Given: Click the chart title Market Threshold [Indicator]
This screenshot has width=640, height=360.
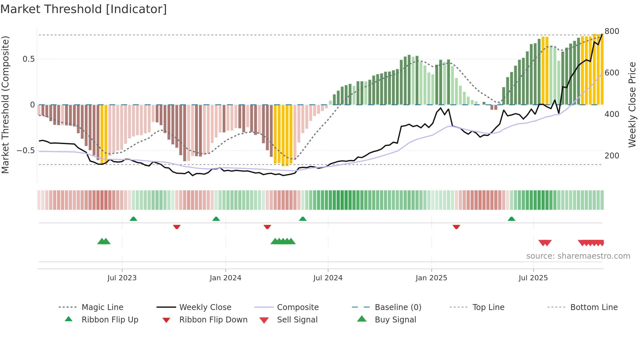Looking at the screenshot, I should tap(84, 9).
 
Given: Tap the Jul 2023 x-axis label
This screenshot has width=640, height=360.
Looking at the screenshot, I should tap(122, 278).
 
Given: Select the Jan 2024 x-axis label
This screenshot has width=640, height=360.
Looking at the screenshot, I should tap(225, 278).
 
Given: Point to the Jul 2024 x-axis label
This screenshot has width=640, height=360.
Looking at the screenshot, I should tap(328, 278).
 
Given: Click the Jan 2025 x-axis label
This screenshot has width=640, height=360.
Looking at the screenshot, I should tap(431, 278).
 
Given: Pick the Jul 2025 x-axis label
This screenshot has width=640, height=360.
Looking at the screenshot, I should tap(533, 278).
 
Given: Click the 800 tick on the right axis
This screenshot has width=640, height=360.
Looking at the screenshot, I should tap(612, 31).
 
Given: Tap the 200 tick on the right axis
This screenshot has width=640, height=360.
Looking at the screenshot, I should tap(612, 156).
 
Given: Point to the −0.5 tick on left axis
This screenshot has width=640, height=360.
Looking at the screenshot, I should tap(25, 151).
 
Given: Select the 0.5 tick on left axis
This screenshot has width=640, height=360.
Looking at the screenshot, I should tap(28, 59).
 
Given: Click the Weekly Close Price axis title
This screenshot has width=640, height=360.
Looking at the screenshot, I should tap(632, 105).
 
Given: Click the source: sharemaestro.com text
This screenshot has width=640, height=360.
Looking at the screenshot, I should tap(578, 256).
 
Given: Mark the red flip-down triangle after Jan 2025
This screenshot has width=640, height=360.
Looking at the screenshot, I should tap(456, 227).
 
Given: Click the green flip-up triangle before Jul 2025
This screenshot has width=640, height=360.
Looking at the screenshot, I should tap(511, 219).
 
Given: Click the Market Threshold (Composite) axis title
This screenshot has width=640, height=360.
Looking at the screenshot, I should tap(5, 105).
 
